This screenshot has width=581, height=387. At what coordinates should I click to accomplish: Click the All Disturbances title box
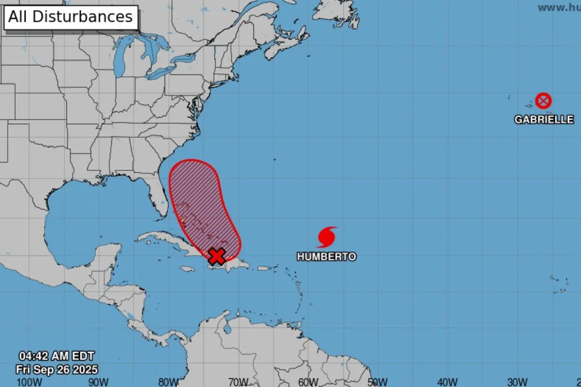point(71,17)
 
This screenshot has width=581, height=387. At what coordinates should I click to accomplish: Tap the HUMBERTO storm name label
point(326,257)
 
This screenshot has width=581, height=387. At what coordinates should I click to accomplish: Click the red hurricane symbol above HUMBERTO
point(327,237)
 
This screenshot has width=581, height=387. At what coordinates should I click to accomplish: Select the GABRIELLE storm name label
point(544,119)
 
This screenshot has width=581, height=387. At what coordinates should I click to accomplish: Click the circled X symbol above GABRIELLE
point(544,101)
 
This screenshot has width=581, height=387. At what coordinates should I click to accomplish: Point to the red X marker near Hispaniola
point(217,256)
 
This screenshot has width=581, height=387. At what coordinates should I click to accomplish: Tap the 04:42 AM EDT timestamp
point(57,356)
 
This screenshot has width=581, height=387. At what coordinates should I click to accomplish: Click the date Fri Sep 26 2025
point(57,370)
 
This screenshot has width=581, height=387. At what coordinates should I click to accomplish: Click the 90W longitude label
point(98,382)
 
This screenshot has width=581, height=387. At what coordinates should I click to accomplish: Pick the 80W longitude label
point(168,382)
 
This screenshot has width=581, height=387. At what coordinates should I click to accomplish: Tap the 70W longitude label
point(238,382)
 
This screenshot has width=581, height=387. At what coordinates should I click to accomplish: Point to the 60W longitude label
point(308,382)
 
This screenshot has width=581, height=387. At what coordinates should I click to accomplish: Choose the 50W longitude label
point(378,382)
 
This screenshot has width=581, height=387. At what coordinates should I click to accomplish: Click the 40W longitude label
point(448,382)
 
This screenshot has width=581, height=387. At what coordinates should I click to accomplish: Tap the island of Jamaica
point(188,268)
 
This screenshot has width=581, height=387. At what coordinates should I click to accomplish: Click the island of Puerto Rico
point(263,268)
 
